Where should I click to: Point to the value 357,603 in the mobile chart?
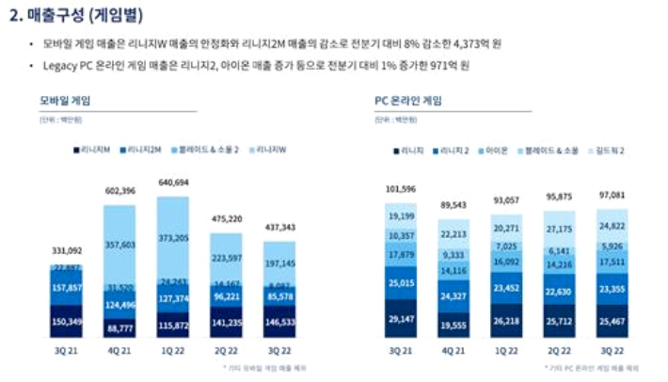pyautogui.click(x=120, y=244)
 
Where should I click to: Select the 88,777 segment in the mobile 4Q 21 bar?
pyautogui.click(x=120, y=328)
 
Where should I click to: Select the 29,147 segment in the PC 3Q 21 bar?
pyautogui.click(x=406, y=321)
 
